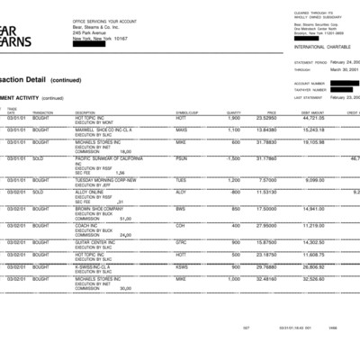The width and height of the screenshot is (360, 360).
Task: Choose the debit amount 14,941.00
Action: pyautogui.click(x=311, y=208)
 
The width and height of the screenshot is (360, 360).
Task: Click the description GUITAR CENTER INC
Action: pyautogui.click(x=96, y=241)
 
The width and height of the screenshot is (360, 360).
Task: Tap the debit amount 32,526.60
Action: pyautogui.click(x=311, y=279)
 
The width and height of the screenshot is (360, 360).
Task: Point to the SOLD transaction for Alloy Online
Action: pyautogui.click(x=40, y=192)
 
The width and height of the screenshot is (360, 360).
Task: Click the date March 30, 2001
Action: pyautogui.click(x=337, y=68)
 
